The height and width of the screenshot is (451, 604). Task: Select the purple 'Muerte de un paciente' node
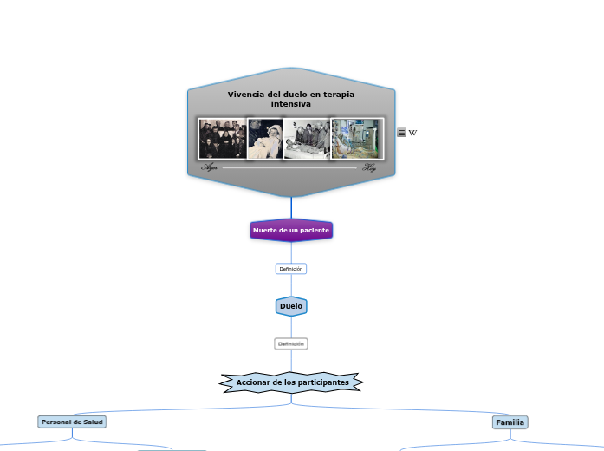point(291,230)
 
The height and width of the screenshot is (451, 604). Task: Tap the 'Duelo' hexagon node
point(291,306)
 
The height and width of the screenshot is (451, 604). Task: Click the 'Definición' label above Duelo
point(291,269)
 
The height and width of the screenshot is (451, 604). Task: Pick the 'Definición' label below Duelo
point(291,344)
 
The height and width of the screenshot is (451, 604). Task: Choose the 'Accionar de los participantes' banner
point(292,382)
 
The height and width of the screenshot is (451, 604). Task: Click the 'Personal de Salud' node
point(72,422)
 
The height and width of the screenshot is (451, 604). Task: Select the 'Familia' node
point(510,422)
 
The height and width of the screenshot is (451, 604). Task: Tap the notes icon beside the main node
point(401,133)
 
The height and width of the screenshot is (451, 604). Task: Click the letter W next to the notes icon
point(412,133)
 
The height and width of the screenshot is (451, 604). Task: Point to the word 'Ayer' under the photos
point(210,167)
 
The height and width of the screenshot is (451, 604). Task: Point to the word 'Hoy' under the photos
point(370,167)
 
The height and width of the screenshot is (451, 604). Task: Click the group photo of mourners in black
point(223,139)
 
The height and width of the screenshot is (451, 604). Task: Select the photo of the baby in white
point(266,140)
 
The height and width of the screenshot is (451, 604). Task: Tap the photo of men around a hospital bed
point(307,140)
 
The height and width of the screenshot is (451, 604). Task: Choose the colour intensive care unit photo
point(356,139)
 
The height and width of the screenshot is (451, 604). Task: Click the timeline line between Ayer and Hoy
point(290,167)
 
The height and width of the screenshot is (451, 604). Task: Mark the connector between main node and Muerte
point(291,208)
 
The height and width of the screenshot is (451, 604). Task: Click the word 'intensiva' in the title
point(290,104)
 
